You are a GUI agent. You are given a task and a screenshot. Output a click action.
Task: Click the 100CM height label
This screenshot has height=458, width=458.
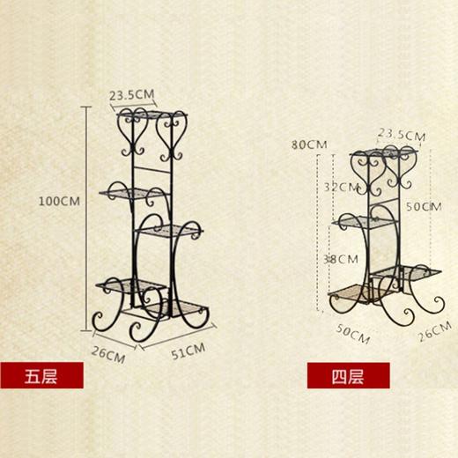[59, 202]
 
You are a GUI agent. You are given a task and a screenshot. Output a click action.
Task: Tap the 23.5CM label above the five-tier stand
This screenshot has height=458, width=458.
[132, 95]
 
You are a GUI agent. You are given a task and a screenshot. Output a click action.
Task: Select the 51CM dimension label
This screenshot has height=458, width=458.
[188, 351]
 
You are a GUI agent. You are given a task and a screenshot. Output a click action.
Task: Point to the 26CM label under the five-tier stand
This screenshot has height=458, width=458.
[108, 355]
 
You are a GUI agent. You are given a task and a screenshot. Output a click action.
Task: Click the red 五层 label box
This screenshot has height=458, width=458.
[41, 375]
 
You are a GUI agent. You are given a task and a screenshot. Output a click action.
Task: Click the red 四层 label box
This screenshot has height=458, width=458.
[349, 375]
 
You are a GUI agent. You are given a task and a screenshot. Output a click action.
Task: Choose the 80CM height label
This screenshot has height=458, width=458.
[309, 144]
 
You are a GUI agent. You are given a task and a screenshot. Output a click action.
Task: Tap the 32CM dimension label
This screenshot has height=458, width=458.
[342, 188]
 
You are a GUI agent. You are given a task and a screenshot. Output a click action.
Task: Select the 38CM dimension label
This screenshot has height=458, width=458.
[341, 259]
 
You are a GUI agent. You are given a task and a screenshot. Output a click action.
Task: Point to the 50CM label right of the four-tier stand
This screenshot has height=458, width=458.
[424, 207]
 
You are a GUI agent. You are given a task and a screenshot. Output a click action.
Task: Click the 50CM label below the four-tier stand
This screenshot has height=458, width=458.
[352, 334]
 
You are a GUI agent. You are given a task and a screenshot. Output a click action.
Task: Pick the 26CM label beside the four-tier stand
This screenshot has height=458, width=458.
[435, 331]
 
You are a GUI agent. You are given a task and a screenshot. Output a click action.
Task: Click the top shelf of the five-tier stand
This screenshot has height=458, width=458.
[152, 114]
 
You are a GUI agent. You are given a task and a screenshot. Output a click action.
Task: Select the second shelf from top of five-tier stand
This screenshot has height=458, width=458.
[134, 194]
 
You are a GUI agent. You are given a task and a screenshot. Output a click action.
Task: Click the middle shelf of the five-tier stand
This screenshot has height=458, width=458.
[169, 231]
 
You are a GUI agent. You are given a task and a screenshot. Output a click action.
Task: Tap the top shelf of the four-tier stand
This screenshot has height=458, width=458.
[384, 152]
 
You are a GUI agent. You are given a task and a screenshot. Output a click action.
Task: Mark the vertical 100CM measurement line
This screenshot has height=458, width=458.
[86, 218]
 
